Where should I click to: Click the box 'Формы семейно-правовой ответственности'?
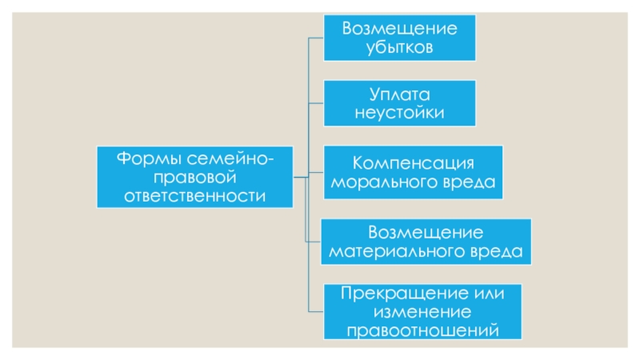click(x=194, y=176)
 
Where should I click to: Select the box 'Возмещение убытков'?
click(x=399, y=38)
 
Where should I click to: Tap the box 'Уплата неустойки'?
click(x=399, y=102)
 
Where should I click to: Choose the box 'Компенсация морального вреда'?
click(x=413, y=172)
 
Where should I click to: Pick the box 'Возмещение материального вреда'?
click(x=426, y=242)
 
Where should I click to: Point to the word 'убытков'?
click(x=399, y=48)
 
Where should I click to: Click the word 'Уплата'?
click(x=399, y=93)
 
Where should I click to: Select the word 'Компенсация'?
click(x=414, y=162)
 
